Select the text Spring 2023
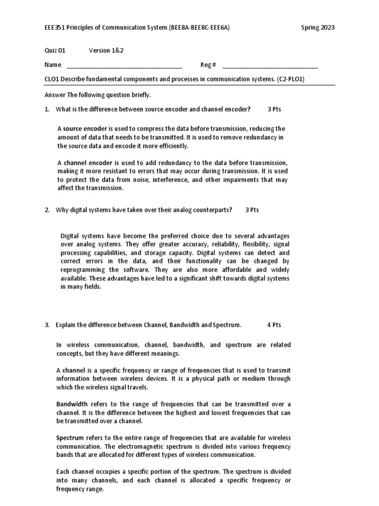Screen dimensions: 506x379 pyautogui.click(x=317, y=28)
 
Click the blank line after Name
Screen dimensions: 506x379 pyautogui.click(x=124, y=65)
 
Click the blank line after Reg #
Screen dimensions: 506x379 pyautogui.click(x=270, y=65)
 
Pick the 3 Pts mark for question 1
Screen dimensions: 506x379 pyautogui.click(x=274, y=109)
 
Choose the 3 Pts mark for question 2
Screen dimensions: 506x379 pyautogui.click(x=252, y=210)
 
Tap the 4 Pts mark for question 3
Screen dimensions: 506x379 pyautogui.click(x=274, y=325)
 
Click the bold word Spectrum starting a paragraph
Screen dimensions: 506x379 pyautogui.click(x=71, y=438)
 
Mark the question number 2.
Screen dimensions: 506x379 pyautogui.click(x=47, y=210)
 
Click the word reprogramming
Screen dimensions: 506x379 pyautogui.click(x=82, y=270)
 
